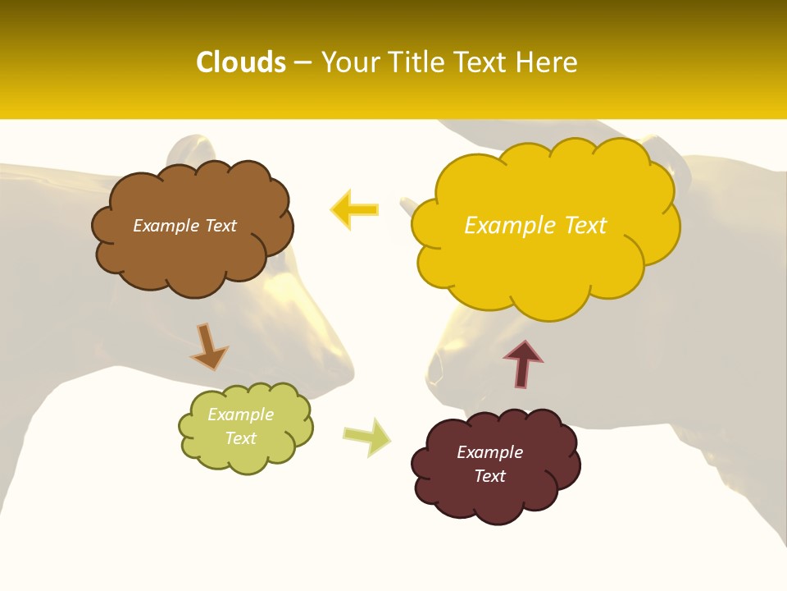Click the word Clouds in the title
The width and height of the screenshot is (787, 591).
[241, 62]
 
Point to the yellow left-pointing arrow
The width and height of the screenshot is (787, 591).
[354, 209]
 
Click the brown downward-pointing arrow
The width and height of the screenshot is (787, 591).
[208, 346]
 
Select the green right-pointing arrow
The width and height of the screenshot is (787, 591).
[366, 436]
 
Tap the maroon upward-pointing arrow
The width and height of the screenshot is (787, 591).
[523, 364]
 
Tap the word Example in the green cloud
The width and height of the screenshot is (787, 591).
[240, 415]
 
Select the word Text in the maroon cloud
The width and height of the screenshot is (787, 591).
[489, 476]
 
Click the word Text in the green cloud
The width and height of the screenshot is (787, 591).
[240, 438]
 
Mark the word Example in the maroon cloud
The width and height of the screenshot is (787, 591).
[489, 452]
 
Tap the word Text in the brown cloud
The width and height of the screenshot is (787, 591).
[221, 226]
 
